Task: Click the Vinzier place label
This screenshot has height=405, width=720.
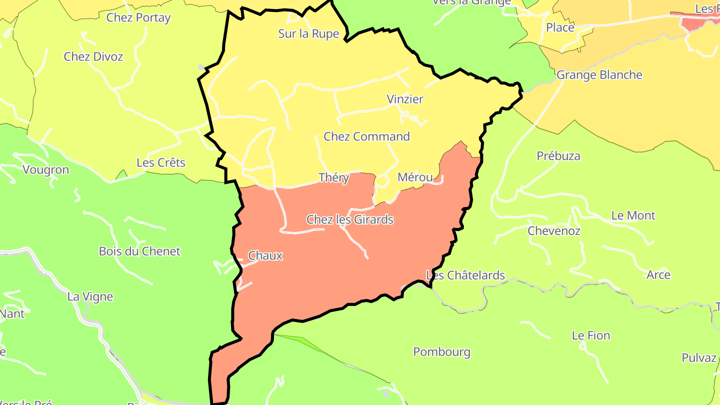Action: pos(405,99)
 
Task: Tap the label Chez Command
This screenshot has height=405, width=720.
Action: pos(366,136)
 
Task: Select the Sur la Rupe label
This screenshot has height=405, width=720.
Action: pos(308,34)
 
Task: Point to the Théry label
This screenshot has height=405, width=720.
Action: pos(333,177)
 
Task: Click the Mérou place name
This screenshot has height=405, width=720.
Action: pos(415,177)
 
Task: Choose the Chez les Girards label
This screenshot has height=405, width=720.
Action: pos(349,219)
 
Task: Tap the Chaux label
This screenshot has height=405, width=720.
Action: pos(265,256)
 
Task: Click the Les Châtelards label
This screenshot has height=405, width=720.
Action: pos(465,275)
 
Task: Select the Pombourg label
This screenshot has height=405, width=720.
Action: pos(441,352)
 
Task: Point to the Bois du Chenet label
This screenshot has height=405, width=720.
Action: pos(139,251)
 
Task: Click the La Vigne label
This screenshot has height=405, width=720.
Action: pos(90,297)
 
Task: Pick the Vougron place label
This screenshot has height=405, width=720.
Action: pos(45,170)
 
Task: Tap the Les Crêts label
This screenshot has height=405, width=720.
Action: pos(160,163)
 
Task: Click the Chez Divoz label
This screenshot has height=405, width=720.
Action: pos(93,56)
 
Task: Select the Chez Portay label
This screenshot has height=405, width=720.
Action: pos(138,18)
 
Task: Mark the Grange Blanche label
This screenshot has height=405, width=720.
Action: pos(599,75)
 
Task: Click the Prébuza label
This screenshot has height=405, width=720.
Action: pos(558,156)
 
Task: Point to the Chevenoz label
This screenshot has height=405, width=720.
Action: pos(554,231)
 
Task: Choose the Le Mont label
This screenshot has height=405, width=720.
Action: pos(633,216)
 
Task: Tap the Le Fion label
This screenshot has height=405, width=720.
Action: pos(591,335)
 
